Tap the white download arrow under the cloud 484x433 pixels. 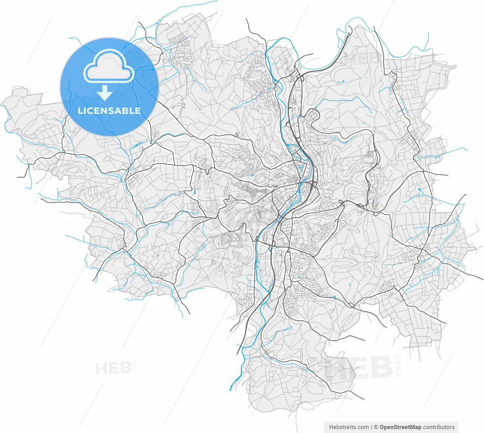[x=105, y=93]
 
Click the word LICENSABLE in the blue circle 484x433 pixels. [x=109, y=111]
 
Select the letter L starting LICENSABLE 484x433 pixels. [x=80, y=111]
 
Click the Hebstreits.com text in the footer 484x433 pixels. [x=349, y=427]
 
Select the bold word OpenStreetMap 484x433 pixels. [x=400, y=427]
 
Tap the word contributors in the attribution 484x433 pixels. [x=439, y=427]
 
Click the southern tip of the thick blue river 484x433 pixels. [x=231, y=389]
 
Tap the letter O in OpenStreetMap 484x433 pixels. [x=382, y=427]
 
